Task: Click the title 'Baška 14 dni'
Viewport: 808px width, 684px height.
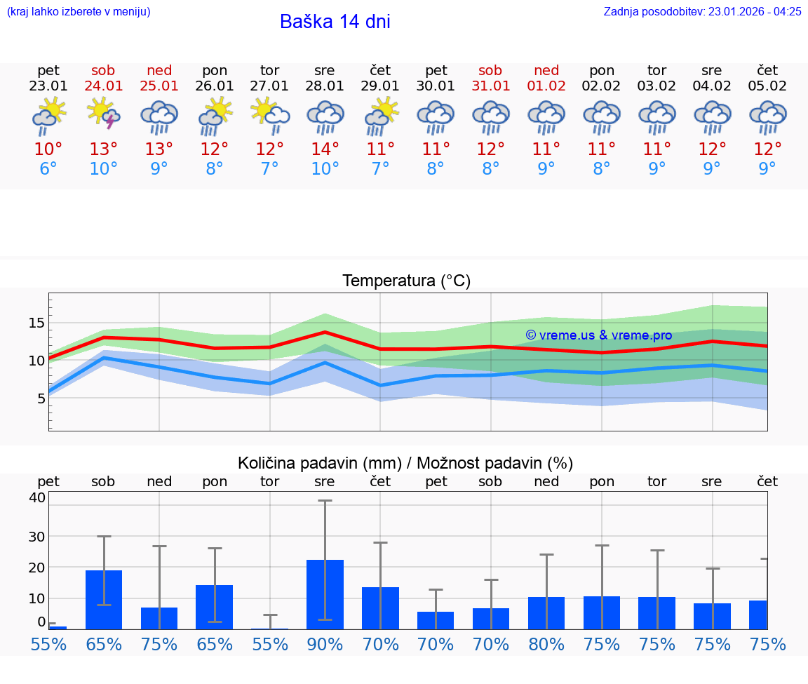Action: (x=335, y=22)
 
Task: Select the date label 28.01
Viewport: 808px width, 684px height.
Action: (x=325, y=86)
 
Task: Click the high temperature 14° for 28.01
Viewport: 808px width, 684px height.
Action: (x=325, y=149)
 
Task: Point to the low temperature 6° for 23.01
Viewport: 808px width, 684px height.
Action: (x=48, y=169)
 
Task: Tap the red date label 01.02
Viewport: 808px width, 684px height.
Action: (x=546, y=86)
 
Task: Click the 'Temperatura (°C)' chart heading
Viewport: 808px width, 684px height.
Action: (x=406, y=281)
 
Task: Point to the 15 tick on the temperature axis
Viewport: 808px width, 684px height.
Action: (x=36, y=323)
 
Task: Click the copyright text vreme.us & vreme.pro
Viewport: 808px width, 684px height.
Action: (x=598, y=335)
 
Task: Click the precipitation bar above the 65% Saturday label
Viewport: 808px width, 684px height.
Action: (x=104, y=599)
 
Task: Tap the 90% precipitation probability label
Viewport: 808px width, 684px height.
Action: (x=325, y=644)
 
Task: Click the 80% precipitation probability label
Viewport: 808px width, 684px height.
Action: (x=546, y=644)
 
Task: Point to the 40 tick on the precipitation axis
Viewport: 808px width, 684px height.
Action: (x=36, y=497)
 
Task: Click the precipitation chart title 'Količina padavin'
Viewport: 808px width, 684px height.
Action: (x=405, y=463)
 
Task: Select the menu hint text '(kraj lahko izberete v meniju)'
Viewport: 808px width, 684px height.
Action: (x=78, y=11)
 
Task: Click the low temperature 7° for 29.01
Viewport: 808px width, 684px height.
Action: (x=380, y=169)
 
